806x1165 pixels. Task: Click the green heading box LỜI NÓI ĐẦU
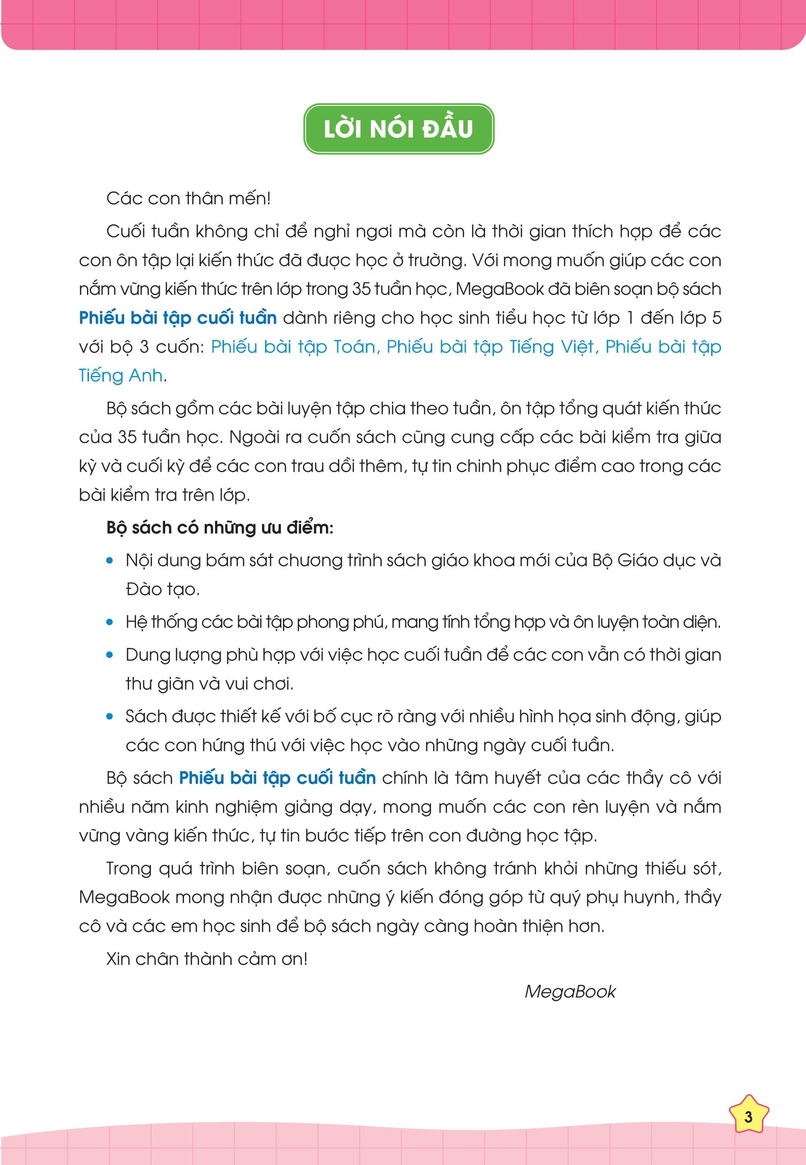tap(399, 129)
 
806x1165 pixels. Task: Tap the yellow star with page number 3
tap(749, 1116)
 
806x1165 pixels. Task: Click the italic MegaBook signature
tap(570, 991)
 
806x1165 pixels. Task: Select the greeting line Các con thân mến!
tap(188, 198)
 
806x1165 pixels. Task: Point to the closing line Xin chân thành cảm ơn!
tap(207, 958)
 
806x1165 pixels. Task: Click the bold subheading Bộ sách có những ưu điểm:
tap(220, 527)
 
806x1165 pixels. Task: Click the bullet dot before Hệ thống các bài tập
tap(110, 622)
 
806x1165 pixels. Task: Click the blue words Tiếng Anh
tap(121, 375)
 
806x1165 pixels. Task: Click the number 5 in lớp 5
tap(716, 318)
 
